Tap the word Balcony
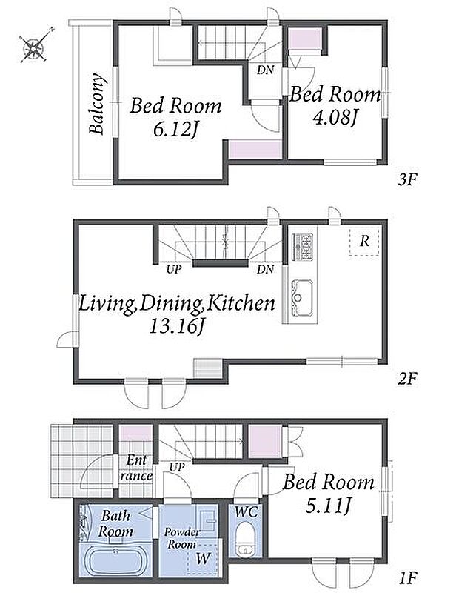(x=96, y=104)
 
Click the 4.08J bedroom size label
(x=335, y=117)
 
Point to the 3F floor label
(x=407, y=179)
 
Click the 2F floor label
(x=407, y=379)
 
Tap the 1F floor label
(x=408, y=577)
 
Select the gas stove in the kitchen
(x=303, y=247)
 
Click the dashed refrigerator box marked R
(x=364, y=242)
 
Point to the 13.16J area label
(x=174, y=325)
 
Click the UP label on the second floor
(x=174, y=270)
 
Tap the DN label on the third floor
(x=265, y=70)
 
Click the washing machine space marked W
(x=203, y=559)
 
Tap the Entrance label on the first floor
(x=136, y=468)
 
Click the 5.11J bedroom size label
(x=328, y=506)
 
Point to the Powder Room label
(x=181, y=538)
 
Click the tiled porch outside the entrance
(x=81, y=461)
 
